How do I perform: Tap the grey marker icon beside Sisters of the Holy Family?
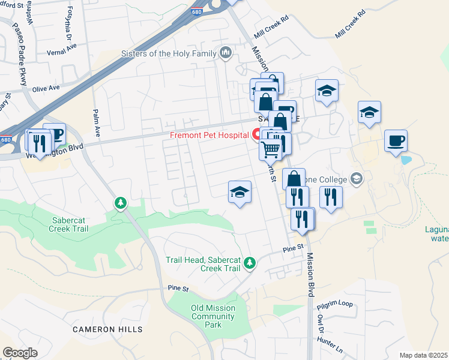(226, 53)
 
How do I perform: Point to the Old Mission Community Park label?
(212, 316)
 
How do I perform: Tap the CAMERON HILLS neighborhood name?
(108, 329)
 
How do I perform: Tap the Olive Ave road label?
(46, 88)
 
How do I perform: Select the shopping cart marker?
(271, 148)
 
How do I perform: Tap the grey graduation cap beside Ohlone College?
(357, 179)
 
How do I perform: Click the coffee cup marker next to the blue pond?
(396, 141)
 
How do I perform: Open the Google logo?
(19, 353)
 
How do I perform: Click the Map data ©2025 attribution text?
(423, 355)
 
